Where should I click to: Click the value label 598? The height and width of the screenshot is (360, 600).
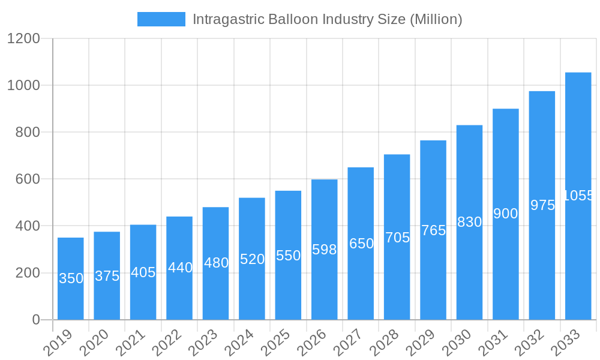tap(325, 250)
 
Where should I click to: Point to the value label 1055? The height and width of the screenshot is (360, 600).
tap(578, 196)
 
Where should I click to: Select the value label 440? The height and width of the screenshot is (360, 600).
tap(180, 268)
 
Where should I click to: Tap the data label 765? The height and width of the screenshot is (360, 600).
tap(433, 230)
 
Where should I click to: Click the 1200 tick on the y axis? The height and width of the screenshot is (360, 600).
tap(23, 39)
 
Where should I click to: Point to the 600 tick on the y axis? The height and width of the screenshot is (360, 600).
tap(27, 179)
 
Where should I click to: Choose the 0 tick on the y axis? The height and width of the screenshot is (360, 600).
tap(36, 320)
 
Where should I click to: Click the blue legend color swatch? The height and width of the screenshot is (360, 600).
tap(161, 19)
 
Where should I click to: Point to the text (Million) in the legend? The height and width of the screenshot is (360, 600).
tap(436, 19)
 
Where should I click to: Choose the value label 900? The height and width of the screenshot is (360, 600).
tap(505, 214)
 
